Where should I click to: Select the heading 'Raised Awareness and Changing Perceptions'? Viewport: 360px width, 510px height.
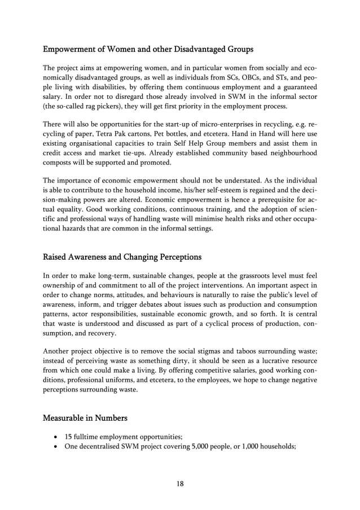[122, 257]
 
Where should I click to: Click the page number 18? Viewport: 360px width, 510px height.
[179, 483]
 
